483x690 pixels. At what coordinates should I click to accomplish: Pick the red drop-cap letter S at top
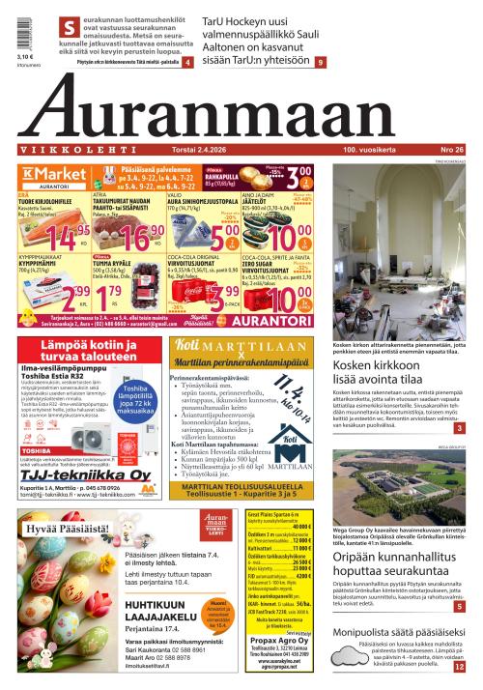tap(67, 27)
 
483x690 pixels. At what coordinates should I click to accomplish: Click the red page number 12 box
tap(459, 666)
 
